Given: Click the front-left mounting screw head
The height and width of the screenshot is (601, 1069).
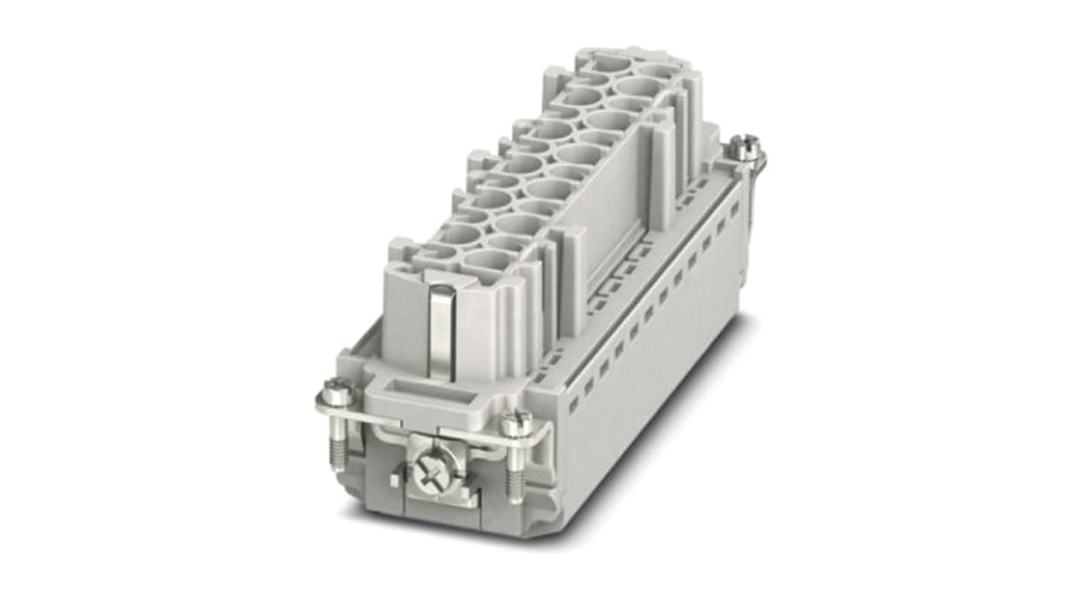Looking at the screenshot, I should pos(333,390).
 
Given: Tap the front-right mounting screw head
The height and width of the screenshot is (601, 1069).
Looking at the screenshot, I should pos(516,423).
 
